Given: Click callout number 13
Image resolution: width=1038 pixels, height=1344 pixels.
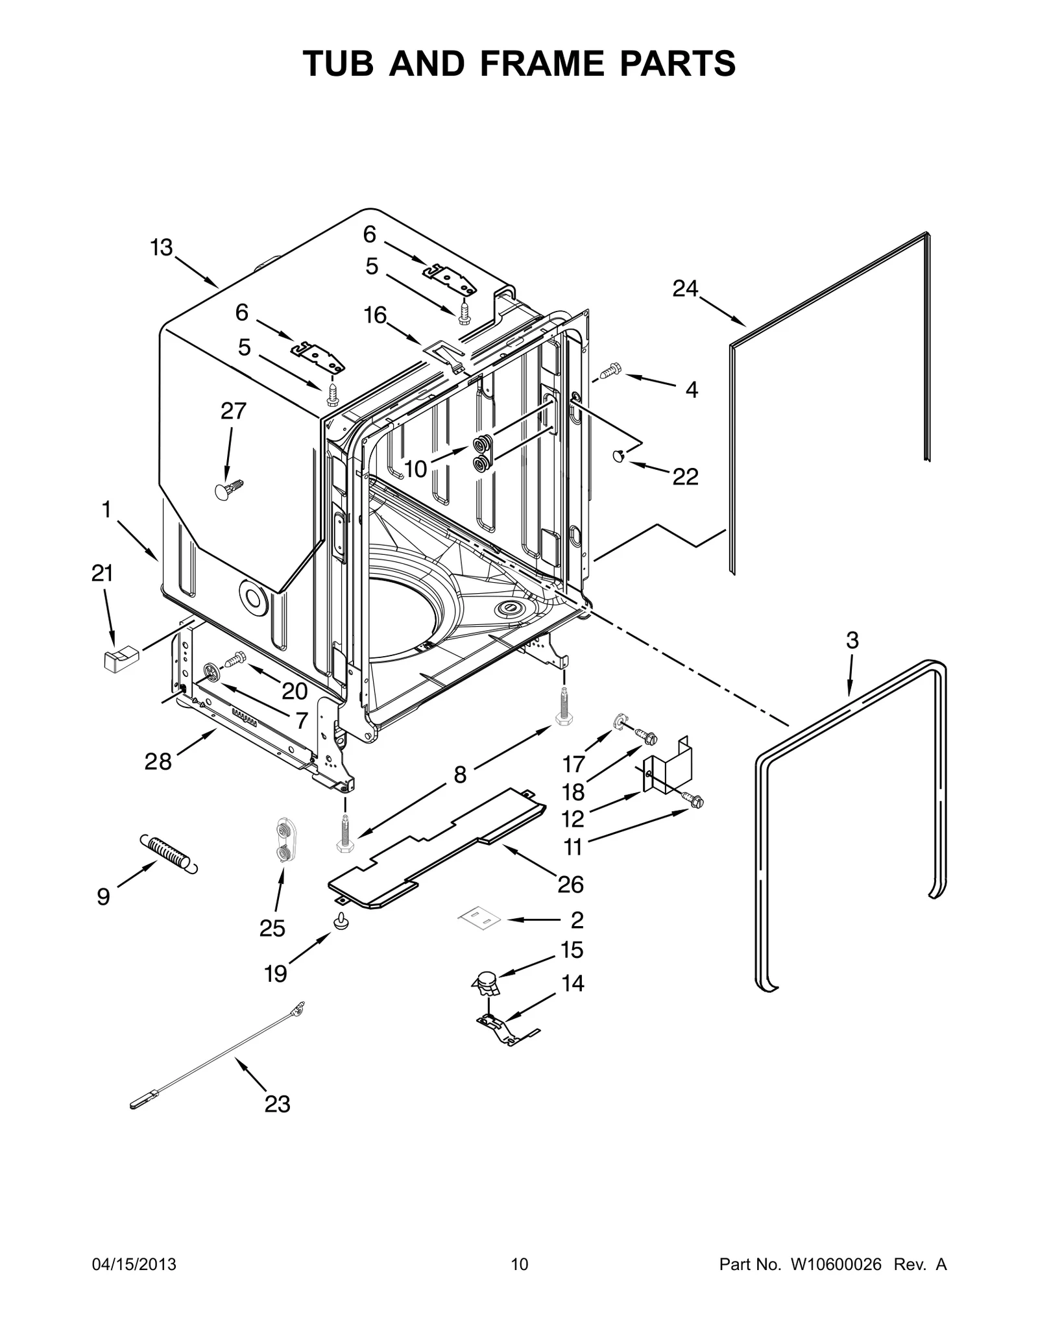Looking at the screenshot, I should (x=162, y=247).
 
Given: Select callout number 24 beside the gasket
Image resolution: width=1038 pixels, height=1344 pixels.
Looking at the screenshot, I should (x=684, y=288).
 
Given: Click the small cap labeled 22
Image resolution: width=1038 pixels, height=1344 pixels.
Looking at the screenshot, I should (x=619, y=456).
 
